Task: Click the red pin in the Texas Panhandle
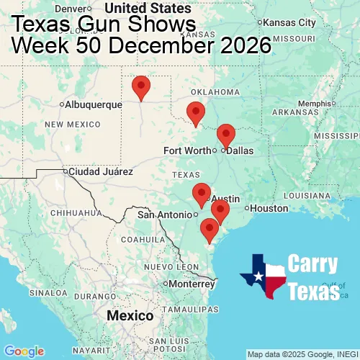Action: (141, 87)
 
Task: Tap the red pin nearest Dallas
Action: (226, 135)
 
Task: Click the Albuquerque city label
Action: (94, 104)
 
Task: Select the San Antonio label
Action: (166, 215)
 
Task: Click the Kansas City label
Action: (289, 23)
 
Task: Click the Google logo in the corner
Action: (24, 351)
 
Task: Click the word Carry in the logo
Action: (313, 264)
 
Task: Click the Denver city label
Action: (78, 9)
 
